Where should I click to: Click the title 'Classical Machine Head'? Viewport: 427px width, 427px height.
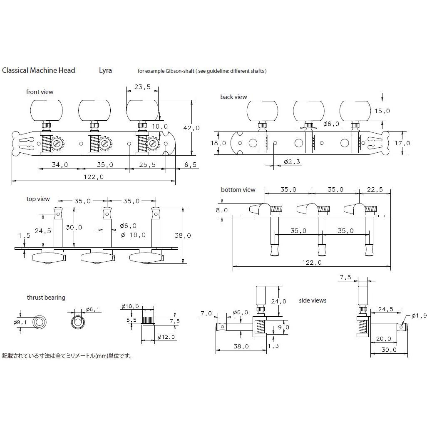click(x=39, y=70)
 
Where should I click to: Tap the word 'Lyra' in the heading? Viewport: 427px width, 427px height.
click(x=105, y=70)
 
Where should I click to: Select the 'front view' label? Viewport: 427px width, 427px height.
click(x=40, y=92)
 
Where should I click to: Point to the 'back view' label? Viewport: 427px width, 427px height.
click(x=233, y=97)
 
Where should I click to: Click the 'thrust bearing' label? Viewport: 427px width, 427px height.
click(x=46, y=298)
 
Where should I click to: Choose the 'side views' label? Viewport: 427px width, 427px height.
click(x=313, y=300)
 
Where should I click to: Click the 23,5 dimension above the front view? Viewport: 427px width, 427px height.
click(x=142, y=87)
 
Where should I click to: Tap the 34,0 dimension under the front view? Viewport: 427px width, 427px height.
click(x=60, y=164)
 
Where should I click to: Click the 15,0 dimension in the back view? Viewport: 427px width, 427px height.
click(x=382, y=111)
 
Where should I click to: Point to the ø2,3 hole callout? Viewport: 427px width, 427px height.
click(x=292, y=161)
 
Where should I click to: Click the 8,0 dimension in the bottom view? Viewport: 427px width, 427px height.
click(x=222, y=210)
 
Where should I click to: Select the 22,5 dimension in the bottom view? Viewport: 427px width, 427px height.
click(x=375, y=189)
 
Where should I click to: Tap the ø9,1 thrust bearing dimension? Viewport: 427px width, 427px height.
click(x=20, y=322)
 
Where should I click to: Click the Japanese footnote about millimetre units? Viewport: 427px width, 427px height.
click(x=67, y=356)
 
